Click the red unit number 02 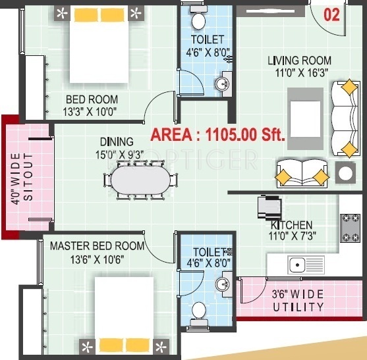(x=331, y=15)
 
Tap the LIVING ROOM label (x=299, y=61)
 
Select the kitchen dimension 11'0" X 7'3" (x=292, y=236)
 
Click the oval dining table (x=140, y=180)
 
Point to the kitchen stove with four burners (x=350, y=228)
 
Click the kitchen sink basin (x=297, y=265)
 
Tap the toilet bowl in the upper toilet (x=198, y=20)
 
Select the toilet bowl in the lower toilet (x=199, y=310)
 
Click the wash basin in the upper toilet (x=222, y=84)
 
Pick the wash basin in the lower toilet (x=222, y=284)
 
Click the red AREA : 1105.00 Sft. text (x=217, y=135)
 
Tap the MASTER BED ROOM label (x=97, y=246)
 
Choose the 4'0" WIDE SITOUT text (x=22, y=178)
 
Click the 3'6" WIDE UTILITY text (x=298, y=300)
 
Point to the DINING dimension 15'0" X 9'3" (x=119, y=155)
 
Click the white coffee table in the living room (x=305, y=119)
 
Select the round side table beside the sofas (x=345, y=173)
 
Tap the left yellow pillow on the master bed (x=111, y=345)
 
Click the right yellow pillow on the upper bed (x=113, y=14)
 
